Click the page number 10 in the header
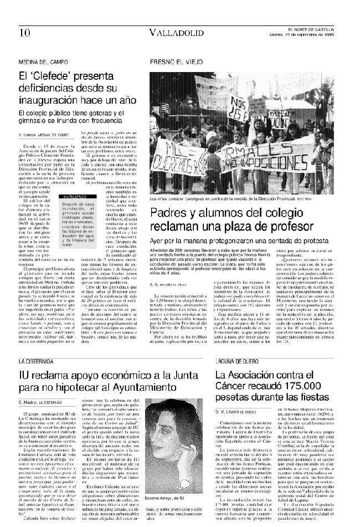[24, 32]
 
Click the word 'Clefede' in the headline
[54, 76]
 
